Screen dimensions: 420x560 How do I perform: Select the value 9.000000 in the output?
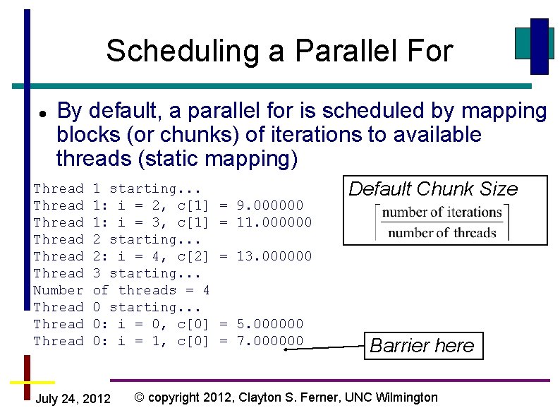tap(270, 205)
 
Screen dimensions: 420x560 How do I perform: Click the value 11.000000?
tap(274, 222)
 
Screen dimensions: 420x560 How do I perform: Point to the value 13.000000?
tap(274, 256)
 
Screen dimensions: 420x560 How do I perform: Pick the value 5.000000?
tap(270, 324)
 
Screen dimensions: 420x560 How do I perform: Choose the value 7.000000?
tap(270, 341)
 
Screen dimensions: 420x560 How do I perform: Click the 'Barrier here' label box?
tap(422, 346)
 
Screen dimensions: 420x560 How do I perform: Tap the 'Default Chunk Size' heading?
tap(433, 189)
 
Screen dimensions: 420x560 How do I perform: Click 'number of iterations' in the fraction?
tap(442, 212)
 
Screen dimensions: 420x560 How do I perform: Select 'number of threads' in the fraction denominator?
tap(442, 233)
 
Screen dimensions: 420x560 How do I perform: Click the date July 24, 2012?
tap(73, 400)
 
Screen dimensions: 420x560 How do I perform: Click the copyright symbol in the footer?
tap(140, 397)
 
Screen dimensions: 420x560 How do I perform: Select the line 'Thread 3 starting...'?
tap(117, 273)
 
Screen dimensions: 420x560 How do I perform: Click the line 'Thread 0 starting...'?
tap(117, 307)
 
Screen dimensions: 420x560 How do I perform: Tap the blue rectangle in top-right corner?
tap(540, 46)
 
